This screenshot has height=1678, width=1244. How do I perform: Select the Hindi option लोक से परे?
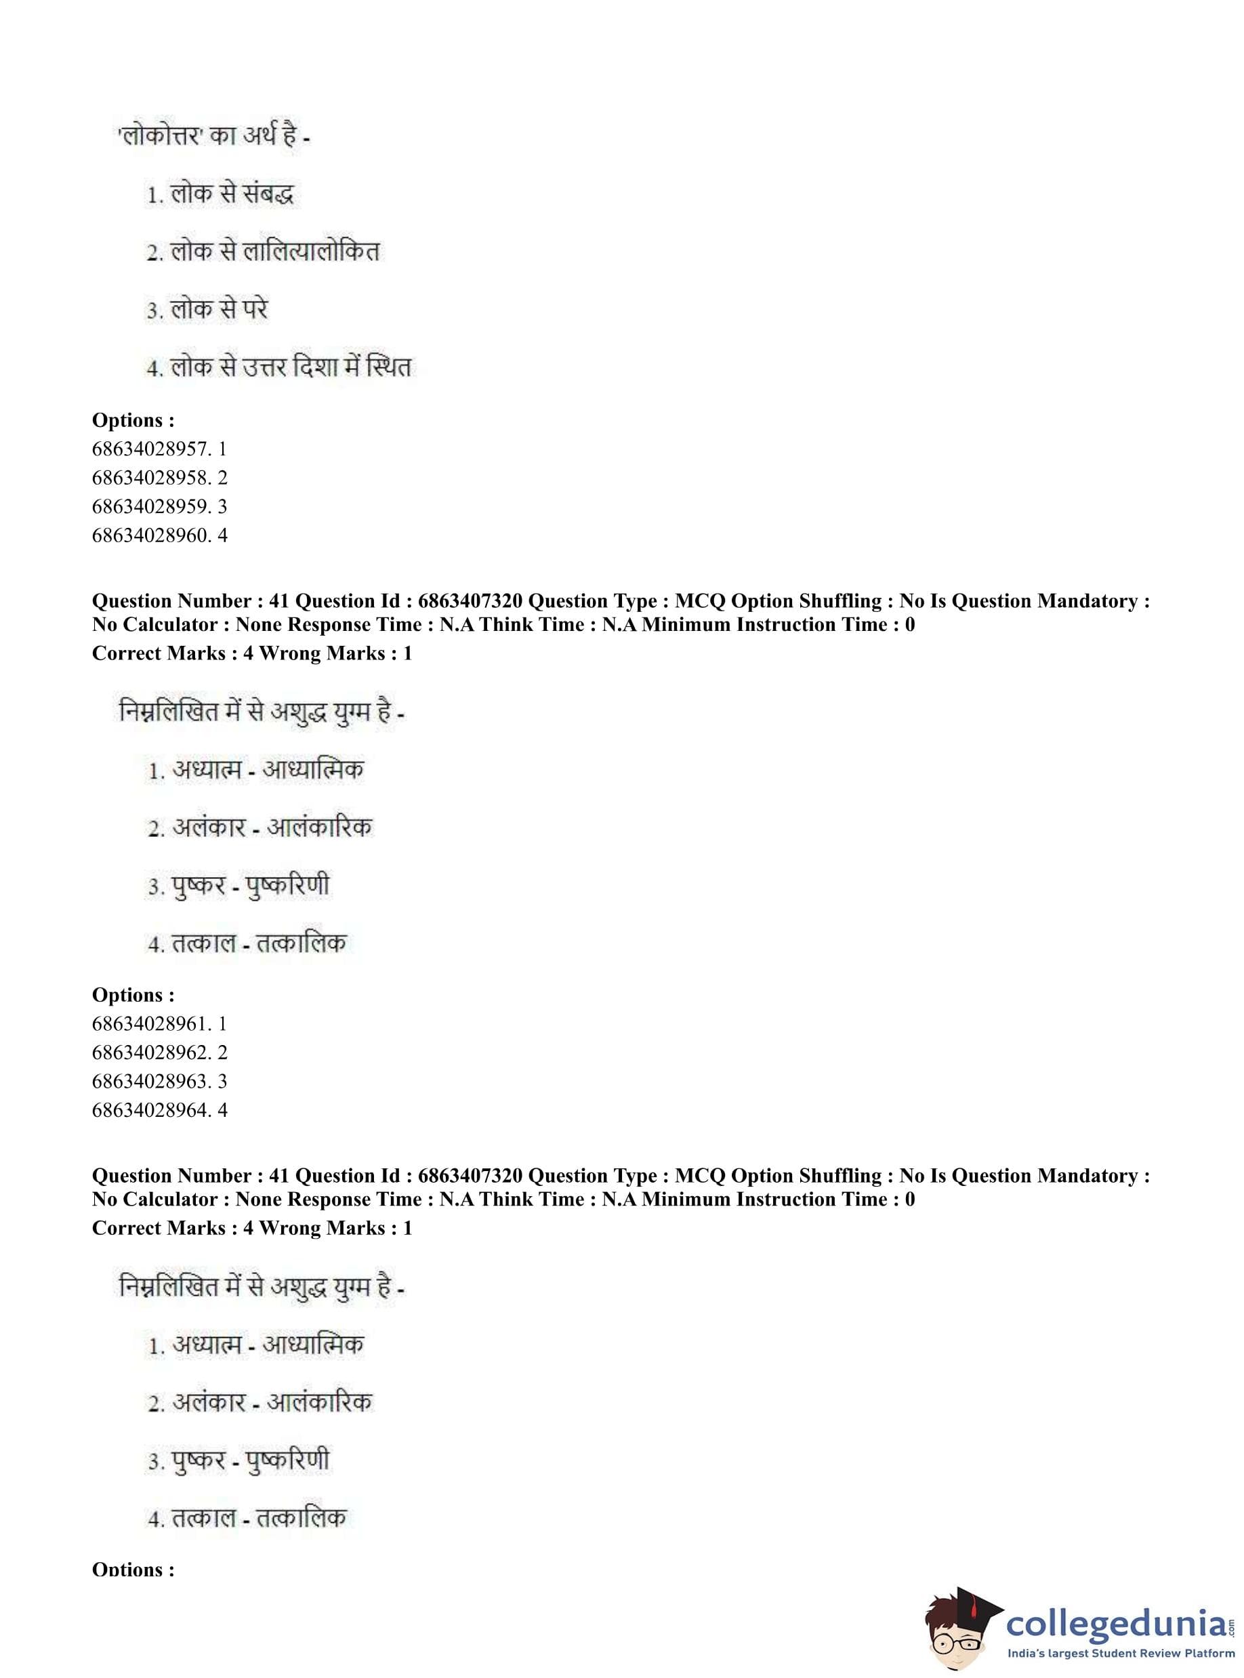tap(218, 310)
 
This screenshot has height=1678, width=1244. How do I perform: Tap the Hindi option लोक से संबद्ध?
tap(231, 195)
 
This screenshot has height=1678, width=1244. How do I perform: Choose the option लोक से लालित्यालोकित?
tap(275, 251)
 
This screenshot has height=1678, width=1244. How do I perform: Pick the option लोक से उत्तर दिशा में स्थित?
tap(290, 367)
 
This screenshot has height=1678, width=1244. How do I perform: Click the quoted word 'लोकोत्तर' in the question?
tap(161, 137)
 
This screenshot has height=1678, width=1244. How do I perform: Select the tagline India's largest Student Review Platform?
tap(1121, 1653)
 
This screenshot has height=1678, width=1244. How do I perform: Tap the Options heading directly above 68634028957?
tap(133, 420)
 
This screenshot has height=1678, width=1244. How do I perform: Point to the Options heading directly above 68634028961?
tap(133, 995)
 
